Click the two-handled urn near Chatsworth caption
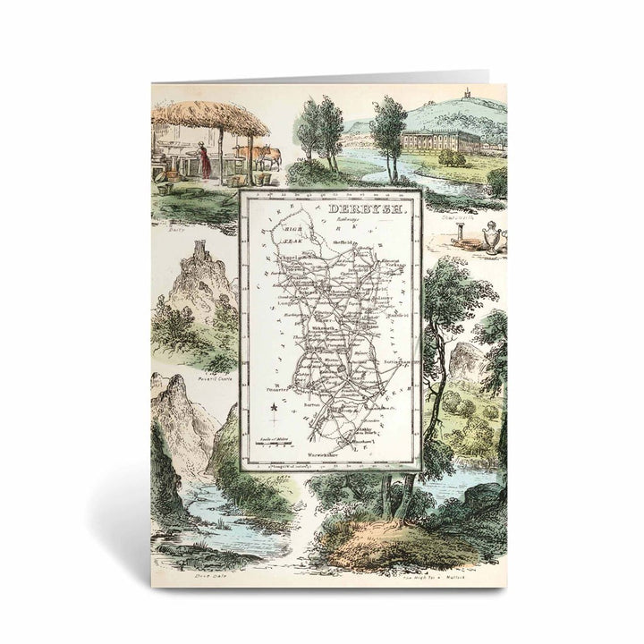point(488,239)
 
